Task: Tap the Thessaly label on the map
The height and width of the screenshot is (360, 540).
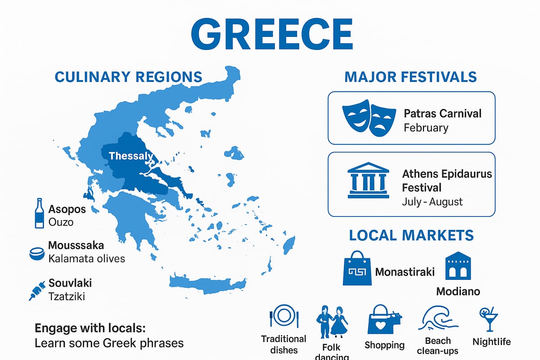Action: tap(131, 157)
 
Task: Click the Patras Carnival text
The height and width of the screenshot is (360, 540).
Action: tap(442, 113)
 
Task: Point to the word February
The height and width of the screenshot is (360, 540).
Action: tap(426, 127)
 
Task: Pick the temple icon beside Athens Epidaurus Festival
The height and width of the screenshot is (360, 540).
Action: tap(368, 180)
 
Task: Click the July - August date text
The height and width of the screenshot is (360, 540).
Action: tap(432, 201)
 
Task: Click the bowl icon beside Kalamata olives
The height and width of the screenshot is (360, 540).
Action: tap(36, 254)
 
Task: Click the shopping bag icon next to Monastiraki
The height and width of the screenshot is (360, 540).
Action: tap(357, 268)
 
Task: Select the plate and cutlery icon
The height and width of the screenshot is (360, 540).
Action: tap(284, 316)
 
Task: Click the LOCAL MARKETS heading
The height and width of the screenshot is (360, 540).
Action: tap(411, 235)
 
